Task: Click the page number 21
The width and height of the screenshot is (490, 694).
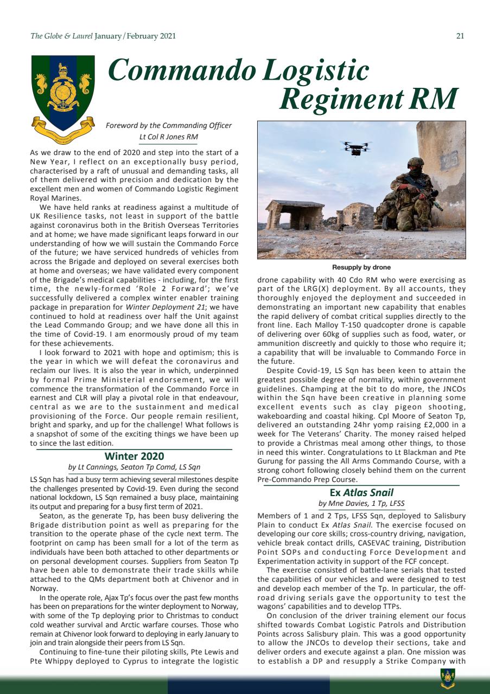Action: click(460, 36)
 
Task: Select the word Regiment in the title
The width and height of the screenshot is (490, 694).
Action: click(347, 99)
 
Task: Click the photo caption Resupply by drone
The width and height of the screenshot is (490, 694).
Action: click(361, 267)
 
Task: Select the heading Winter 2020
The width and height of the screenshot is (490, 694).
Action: click(134, 456)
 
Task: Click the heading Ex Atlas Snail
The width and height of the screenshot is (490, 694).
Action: click(361, 493)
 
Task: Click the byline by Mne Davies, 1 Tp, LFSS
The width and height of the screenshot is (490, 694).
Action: click(361, 504)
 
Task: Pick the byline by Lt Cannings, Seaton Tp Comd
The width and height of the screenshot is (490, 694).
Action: click(134, 467)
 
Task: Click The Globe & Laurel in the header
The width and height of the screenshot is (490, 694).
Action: click(62, 36)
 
